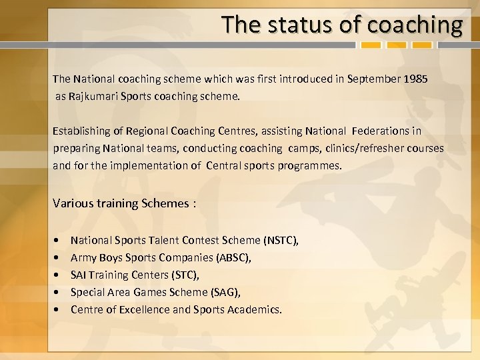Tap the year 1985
(416, 79)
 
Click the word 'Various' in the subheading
(73, 203)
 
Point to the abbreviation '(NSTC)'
(281, 240)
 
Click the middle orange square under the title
(399, 45)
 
